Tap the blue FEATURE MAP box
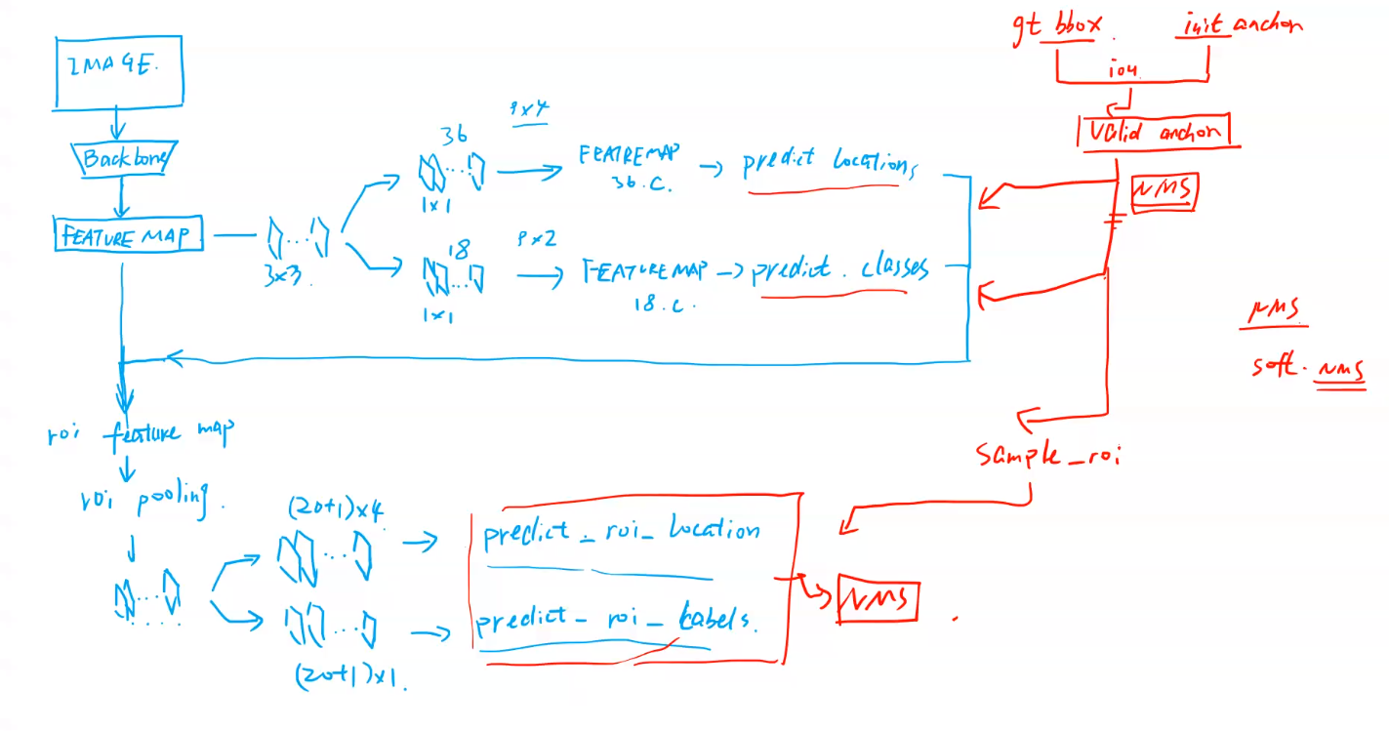128,235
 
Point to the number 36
453,136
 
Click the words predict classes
839,268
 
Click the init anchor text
1238,24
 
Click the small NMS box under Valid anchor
1164,192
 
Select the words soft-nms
1307,369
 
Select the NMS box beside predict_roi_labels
878,599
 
